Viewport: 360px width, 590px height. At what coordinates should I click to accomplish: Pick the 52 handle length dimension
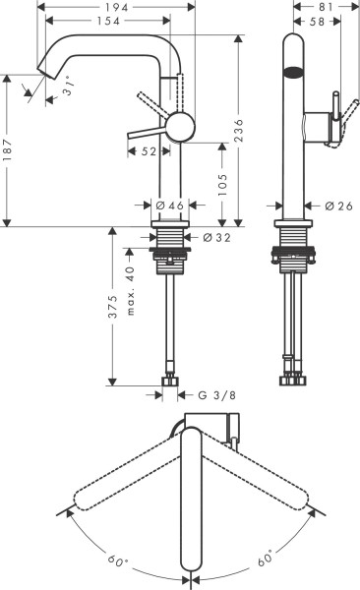(150, 151)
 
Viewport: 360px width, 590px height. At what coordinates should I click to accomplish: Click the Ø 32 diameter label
(218, 237)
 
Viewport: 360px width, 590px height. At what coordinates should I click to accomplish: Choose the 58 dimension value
(317, 22)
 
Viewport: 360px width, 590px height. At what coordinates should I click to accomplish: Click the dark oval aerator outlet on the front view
(293, 72)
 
